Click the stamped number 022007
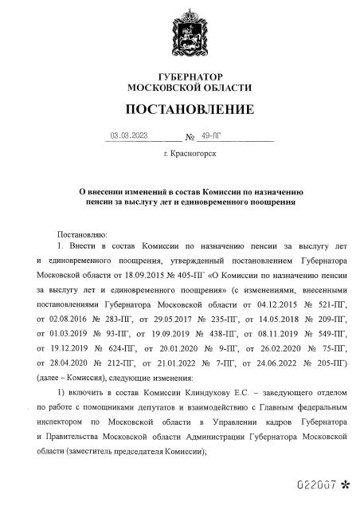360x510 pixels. click(x=312, y=484)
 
